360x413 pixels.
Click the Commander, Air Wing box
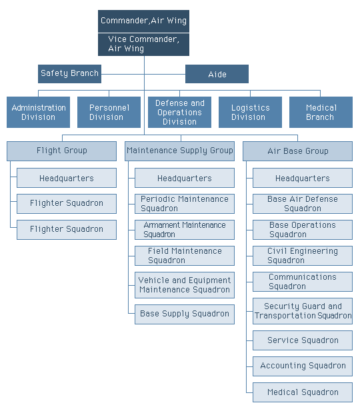tap(143, 21)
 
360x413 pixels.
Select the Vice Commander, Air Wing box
tap(143, 44)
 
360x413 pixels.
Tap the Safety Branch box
tap(69, 74)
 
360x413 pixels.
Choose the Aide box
tap(217, 74)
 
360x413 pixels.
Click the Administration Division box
tap(38, 112)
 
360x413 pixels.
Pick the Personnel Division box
tap(109, 112)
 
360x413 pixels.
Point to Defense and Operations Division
tap(179, 112)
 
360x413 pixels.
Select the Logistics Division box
tap(250, 112)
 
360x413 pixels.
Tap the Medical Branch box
tap(321, 112)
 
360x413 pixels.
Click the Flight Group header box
tap(62, 151)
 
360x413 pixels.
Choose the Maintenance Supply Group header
tap(180, 151)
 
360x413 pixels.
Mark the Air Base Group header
tap(297, 151)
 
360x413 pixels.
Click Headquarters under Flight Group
tap(67, 178)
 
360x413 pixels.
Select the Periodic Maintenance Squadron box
tap(185, 204)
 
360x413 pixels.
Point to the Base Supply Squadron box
tap(185, 314)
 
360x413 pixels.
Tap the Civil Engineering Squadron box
tap(303, 256)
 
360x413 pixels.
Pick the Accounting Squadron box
tap(303, 366)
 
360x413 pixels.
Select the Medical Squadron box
tap(303, 392)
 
